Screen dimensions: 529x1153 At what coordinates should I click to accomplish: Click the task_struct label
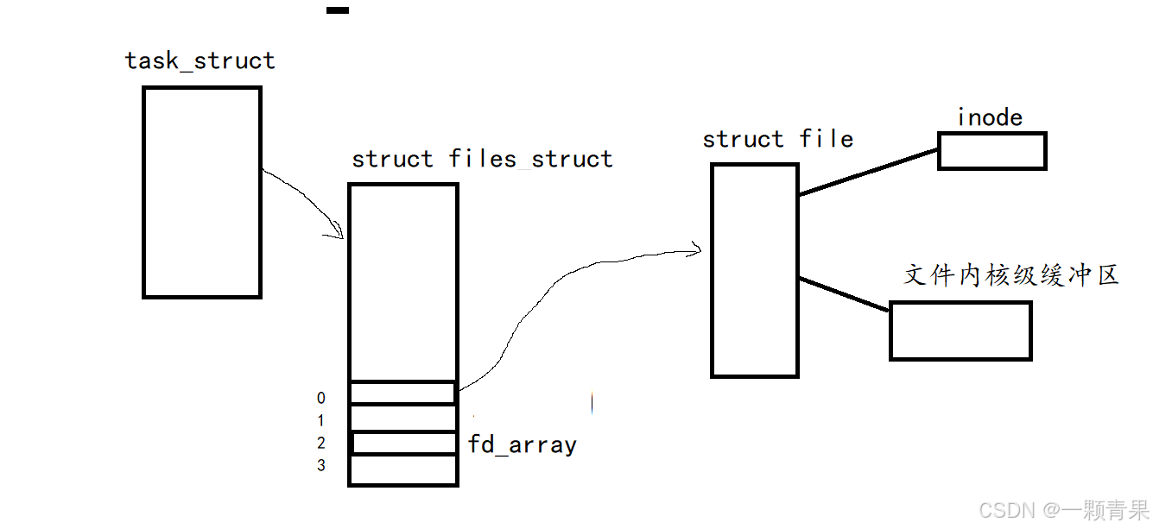200,60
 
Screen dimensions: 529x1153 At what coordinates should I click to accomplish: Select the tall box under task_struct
201,192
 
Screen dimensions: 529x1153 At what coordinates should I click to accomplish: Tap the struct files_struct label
482,159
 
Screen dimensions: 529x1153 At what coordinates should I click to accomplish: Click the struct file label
777,139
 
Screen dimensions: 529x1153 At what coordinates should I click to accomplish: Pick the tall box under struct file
754,270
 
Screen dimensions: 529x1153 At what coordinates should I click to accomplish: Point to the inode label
990,117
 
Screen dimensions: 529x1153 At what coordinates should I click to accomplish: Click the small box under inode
991,151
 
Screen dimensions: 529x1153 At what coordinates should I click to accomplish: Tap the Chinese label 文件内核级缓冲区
1011,275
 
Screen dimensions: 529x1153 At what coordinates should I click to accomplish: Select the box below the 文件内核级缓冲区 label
960,331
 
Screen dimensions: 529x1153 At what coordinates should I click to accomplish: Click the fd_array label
522,445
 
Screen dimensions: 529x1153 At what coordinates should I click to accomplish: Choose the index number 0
321,399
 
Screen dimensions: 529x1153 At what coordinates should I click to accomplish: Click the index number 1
321,421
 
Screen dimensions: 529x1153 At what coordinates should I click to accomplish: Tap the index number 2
321,444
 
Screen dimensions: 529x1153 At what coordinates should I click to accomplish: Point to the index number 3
321,466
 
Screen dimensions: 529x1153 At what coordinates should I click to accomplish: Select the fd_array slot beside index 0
402,394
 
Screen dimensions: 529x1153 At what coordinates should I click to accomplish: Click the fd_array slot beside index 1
402,419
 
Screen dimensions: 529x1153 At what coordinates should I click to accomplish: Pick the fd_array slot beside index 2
404,444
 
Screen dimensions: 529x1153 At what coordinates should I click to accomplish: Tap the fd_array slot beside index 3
402,470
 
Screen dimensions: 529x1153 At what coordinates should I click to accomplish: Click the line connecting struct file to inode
868,172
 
